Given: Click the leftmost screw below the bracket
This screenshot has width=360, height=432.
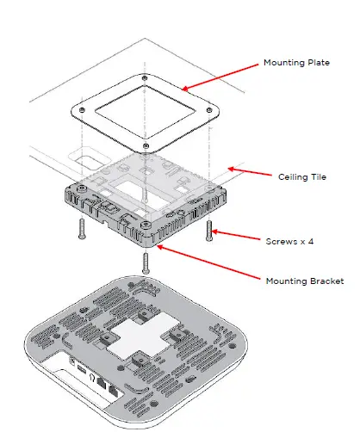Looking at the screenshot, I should pos(80,228).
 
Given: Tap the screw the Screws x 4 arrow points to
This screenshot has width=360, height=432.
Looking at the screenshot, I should pos(209,230).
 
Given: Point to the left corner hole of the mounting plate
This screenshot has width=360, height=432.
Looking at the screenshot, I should pos(80,110).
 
